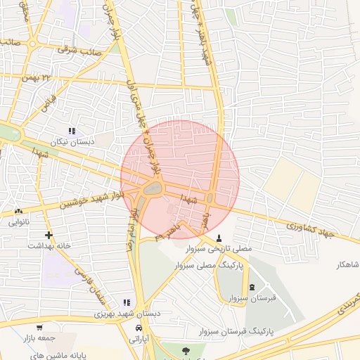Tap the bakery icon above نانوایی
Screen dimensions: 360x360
(18, 211)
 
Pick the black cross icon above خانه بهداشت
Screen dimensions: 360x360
(49, 235)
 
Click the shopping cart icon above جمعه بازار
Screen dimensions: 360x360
(39, 327)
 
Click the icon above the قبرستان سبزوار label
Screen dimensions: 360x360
(252, 287)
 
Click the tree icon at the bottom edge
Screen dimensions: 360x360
(185, 351)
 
